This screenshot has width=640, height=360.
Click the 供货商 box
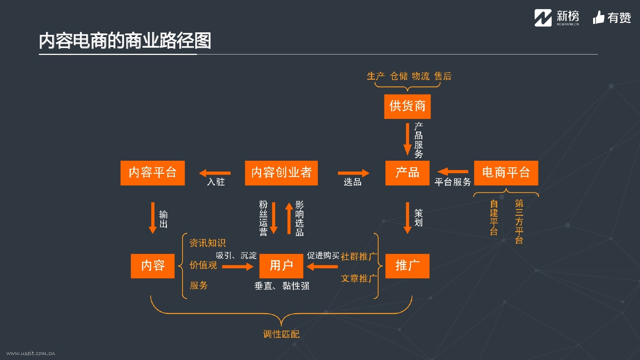(407, 107)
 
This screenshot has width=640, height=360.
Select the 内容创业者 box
(281, 173)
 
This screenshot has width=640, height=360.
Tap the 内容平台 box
(153, 173)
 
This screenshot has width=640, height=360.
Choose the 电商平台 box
(506, 173)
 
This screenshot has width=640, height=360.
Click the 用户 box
(281, 266)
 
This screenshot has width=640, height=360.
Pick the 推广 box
(407, 266)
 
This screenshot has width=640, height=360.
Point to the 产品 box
(407, 173)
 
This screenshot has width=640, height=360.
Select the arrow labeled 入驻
(215, 173)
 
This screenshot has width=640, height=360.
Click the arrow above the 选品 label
(353, 173)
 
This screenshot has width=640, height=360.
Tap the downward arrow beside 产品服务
(407, 139)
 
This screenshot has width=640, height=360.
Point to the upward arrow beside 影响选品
(289, 218)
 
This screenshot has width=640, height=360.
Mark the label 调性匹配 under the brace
(281, 334)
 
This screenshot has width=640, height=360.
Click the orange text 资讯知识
(207, 243)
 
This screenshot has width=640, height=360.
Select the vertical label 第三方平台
(519, 221)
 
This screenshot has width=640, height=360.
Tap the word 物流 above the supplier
(421, 76)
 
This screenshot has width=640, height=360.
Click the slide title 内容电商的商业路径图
(125, 40)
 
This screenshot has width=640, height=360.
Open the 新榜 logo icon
(543, 18)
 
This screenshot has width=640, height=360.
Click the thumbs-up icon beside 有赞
(598, 17)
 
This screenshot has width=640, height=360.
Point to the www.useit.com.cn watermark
(31, 353)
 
